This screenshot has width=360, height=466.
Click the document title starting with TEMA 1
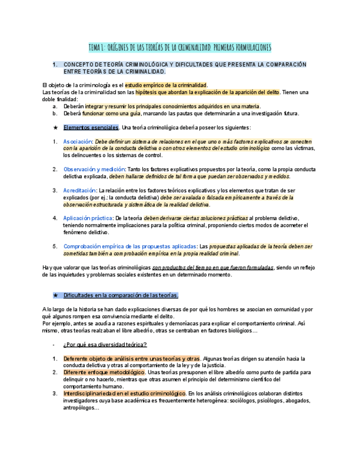pos(180,48)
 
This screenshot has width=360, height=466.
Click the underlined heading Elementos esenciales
pos(91,127)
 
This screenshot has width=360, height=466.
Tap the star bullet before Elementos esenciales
pos(55,127)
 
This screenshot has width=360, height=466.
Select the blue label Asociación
pos(77,141)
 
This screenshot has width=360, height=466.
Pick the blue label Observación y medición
pos(95,169)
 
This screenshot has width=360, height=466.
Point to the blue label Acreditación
pos(80,190)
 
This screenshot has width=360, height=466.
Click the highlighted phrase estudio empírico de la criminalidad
pos(166,85)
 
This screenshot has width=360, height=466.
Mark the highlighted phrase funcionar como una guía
pos(112,113)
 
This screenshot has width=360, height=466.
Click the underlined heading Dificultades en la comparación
pos(120,295)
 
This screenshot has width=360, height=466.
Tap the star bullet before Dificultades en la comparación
pos(55,295)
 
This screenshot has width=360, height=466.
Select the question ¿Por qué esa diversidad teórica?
pos(105,345)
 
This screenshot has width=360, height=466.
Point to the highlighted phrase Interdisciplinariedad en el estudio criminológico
pos(124,393)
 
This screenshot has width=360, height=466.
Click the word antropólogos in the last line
pos(80,408)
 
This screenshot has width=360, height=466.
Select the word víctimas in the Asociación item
pos(304,148)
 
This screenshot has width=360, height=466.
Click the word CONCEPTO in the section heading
pos(80,65)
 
